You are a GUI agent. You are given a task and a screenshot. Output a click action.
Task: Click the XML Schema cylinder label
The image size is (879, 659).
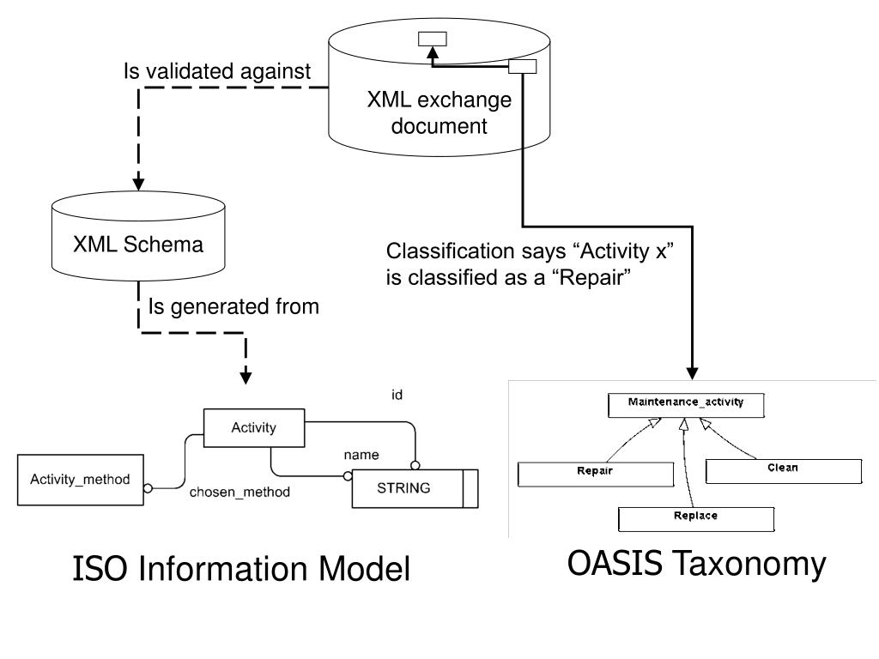click(x=138, y=245)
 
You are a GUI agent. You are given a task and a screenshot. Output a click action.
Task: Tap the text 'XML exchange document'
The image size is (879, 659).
click(x=439, y=113)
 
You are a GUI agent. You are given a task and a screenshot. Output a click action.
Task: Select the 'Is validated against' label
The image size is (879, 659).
click(x=217, y=72)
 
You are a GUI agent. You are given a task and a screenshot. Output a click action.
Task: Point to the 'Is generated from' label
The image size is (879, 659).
click(x=233, y=306)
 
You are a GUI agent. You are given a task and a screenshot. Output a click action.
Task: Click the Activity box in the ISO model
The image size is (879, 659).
click(x=254, y=428)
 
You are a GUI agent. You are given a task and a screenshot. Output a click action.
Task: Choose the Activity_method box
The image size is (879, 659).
click(x=81, y=479)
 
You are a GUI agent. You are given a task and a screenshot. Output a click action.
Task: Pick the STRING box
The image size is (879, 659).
click(x=404, y=488)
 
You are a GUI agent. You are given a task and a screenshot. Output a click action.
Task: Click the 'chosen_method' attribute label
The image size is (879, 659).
click(x=239, y=493)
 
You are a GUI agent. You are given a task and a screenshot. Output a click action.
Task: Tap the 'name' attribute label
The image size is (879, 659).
click(x=361, y=453)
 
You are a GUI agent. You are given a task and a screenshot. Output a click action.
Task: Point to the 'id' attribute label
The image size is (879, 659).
click(x=397, y=395)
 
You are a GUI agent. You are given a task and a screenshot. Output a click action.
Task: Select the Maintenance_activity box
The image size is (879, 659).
click(x=685, y=402)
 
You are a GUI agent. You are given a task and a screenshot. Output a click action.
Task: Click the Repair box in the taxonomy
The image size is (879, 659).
click(x=594, y=472)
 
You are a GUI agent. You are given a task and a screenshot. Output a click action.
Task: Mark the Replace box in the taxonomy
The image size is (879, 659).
click(x=696, y=517)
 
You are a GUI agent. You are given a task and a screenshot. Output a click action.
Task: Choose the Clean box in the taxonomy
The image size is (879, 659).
click(x=782, y=469)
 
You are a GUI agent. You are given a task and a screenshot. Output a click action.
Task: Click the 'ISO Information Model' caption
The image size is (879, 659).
click(x=241, y=569)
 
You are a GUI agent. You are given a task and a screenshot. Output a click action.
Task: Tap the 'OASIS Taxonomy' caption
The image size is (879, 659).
click(x=696, y=564)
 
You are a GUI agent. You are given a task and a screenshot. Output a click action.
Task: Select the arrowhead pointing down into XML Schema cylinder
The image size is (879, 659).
click(x=138, y=183)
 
